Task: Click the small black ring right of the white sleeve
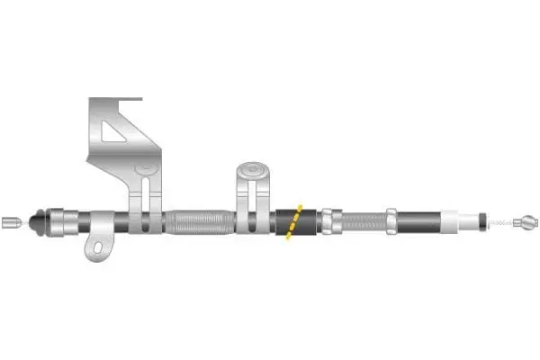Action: coord(484,219)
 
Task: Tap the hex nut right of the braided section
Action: coord(392,220)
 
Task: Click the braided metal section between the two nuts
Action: coord(363,220)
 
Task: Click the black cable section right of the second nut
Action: coord(418,220)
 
